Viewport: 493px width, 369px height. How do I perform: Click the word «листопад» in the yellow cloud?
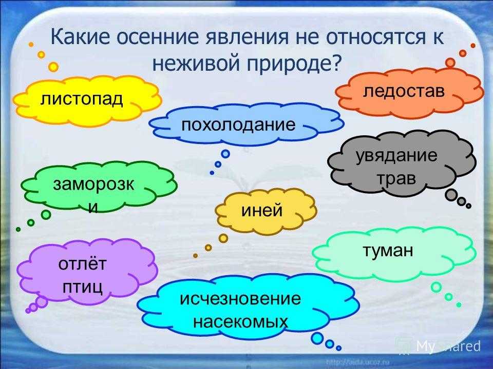click(82, 99)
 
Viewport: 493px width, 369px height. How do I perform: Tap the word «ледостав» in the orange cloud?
click(404, 91)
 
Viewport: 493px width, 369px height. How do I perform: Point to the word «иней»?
click(262, 210)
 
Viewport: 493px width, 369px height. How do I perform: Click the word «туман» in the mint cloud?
click(388, 251)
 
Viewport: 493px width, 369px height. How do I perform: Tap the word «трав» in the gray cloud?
click(396, 178)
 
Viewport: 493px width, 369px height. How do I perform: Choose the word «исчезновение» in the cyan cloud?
click(240, 298)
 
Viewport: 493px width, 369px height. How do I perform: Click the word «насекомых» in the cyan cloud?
click(240, 321)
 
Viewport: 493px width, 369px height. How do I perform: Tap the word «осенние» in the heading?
click(158, 37)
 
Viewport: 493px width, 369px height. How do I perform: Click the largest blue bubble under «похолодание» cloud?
click(225, 154)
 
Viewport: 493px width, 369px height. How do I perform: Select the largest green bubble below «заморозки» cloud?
click(46, 215)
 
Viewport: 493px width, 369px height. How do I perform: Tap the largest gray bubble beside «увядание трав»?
click(450, 195)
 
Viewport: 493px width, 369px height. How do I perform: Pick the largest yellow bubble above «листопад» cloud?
click(53, 67)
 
